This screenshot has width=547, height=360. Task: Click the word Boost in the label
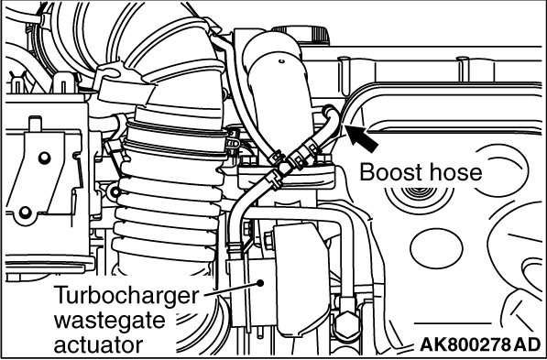tap(388, 172)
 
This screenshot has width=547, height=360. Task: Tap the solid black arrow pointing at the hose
tap(362, 139)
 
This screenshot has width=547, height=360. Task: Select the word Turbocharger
tap(127, 296)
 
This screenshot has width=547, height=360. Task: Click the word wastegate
tap(110, 321)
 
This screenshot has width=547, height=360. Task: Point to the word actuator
tap(99, 344)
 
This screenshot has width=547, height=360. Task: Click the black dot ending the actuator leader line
tap(260, 282)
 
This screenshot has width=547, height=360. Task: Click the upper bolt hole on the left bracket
tap(45, 158)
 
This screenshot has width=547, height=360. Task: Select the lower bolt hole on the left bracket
tap(25, 212)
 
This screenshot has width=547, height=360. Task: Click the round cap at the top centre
tap(301, 35)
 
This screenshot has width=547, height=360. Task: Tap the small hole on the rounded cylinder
tap(281, 61)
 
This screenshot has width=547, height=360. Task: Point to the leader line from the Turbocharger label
tap(232, 289)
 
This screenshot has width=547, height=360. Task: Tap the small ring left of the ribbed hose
tap(114, 191)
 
